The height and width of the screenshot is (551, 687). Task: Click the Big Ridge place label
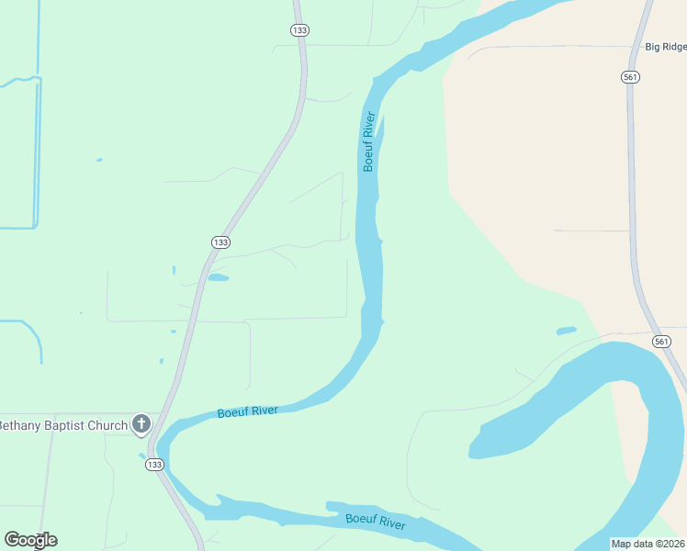point(665,46)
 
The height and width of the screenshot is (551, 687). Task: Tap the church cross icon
point(141,424)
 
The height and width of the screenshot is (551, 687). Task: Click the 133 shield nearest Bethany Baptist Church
point(154,465)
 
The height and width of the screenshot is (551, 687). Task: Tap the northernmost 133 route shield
point(298,30)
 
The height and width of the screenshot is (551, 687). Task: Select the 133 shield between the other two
point(220,242)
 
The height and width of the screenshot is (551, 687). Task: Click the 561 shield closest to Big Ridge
point(630,77)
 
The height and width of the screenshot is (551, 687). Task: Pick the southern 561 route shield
point(661,342)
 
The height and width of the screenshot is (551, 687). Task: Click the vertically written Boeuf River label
point(368,141)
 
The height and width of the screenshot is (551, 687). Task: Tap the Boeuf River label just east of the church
point(248,412)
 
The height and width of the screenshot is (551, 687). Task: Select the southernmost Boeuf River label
point(376,522)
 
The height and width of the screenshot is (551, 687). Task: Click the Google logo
point(30,540)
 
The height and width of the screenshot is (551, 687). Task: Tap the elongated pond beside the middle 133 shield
point(218,277)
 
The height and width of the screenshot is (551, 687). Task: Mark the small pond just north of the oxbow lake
point(566,331)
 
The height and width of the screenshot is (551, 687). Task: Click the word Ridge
point(673,46)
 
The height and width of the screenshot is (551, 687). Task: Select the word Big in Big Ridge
point(652,46)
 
